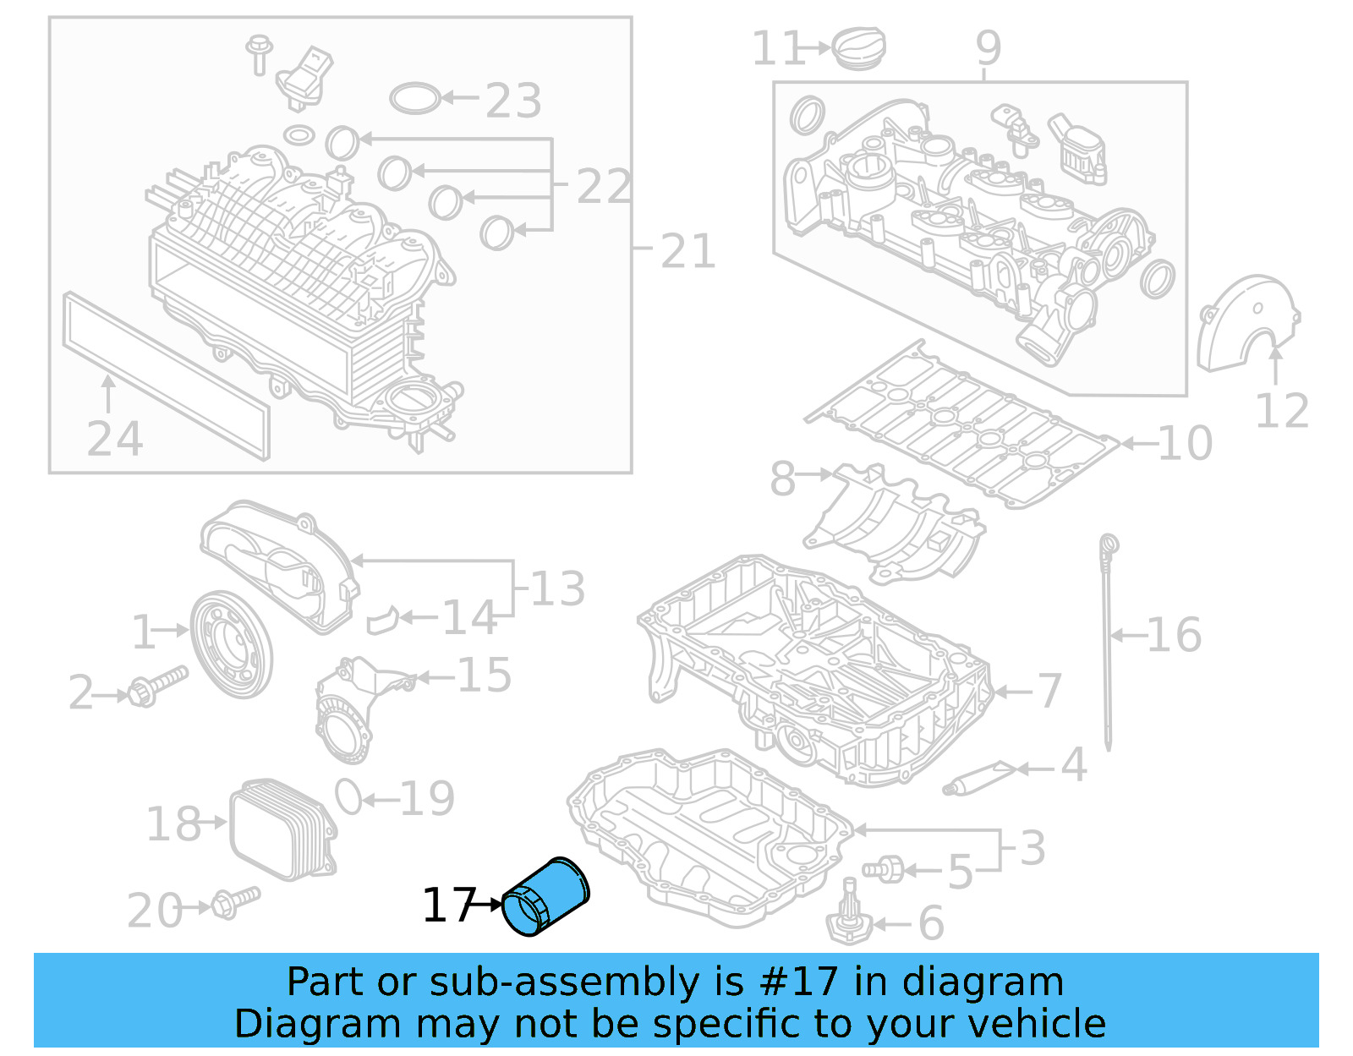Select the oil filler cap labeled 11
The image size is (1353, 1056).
[x=860, y=47]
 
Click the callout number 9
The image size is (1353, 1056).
[x=988, y=48]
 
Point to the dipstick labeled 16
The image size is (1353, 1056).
[x=1107, y=643]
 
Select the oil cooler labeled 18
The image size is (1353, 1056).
[x=282, y=829]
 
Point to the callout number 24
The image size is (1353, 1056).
[x=114, y=439]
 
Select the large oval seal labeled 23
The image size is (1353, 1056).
[x=415, y=98]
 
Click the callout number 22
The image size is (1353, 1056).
[x=603, y=186]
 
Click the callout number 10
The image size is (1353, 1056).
[x=1184, y=443]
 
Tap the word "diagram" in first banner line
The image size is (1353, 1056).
[x=1003, y=982]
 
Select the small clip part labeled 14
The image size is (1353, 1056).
[x=382, y=621]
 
